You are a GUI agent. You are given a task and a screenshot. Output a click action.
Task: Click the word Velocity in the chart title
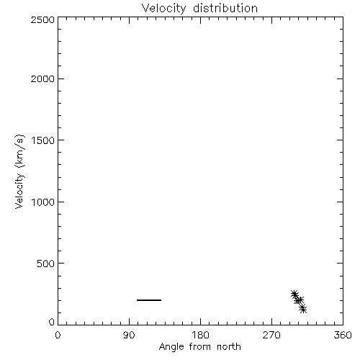point(164,9)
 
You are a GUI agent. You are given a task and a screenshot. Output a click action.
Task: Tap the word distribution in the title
point(225,8)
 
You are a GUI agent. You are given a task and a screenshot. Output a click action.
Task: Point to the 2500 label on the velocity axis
point(42,19)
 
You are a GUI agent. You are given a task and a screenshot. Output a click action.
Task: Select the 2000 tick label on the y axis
point(42,78)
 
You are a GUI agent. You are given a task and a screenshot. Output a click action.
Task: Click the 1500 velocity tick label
point(43,140)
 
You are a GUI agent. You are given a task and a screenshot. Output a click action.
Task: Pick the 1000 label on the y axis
point(43,202)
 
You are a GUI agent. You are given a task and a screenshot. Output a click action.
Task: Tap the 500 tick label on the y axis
point(46,264)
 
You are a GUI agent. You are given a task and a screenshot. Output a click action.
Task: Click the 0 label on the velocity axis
point(52,322)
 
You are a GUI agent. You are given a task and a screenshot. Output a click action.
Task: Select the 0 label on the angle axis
point(58,335)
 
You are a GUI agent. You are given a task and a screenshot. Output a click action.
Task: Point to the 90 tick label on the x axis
point(129,335)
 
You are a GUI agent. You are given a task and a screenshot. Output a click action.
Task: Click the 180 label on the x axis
point(200,335)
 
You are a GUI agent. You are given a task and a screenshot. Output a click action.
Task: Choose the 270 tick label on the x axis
point(271,335)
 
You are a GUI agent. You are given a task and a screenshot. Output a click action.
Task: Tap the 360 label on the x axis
point(343,335)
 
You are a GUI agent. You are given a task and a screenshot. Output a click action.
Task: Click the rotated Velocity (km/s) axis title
point(19,171)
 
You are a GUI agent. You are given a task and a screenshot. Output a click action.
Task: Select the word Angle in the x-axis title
point(171,347)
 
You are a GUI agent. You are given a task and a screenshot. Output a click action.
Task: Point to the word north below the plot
point(229,347)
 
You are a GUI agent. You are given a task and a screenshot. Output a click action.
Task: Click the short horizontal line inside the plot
point(149,300)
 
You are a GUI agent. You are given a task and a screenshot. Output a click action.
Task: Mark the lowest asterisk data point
point(303,310)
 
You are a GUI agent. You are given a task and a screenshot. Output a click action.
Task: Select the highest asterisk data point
point(294,293)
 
